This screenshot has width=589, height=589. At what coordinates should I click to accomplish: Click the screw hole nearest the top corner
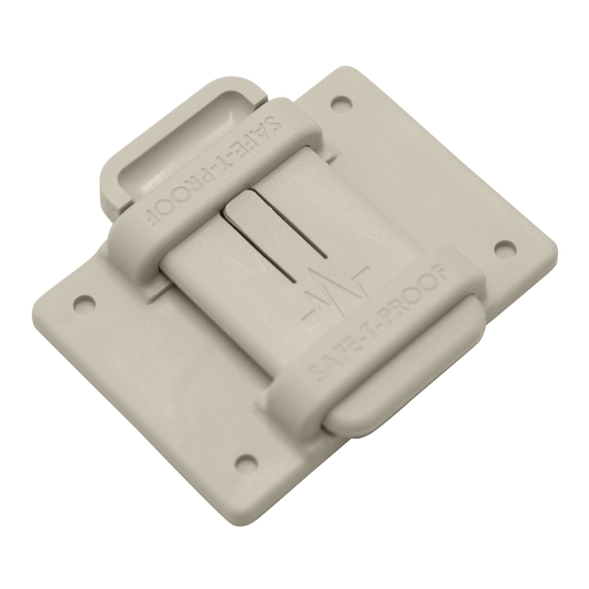click(342, 103)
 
